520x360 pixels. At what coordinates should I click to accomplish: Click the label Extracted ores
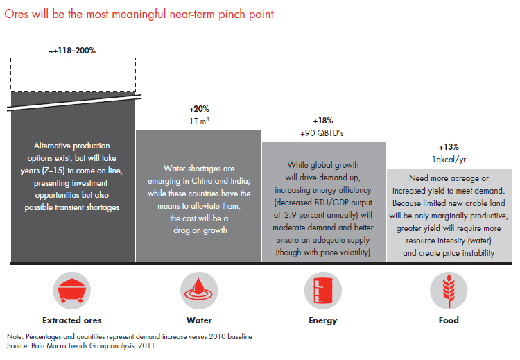[x=72, y=320]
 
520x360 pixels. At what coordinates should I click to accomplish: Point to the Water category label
[x=198, y=320]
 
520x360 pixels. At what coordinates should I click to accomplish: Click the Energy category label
[x=323, y=320]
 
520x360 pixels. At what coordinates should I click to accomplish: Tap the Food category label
[x=449, y=320]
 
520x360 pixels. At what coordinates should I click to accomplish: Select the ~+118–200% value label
[x=72, y=51]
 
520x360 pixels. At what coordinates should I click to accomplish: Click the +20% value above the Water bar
[x=198, y=110]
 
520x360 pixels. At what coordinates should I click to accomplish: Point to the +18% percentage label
[x=323, y=120]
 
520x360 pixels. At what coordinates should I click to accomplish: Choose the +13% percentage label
[x=449, y=147]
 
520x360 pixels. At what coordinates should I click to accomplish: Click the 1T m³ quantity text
[x=198, y=120]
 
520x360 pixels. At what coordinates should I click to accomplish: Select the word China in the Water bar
[x=208, y=180]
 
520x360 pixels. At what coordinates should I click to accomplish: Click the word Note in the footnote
[x=12, y=336]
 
